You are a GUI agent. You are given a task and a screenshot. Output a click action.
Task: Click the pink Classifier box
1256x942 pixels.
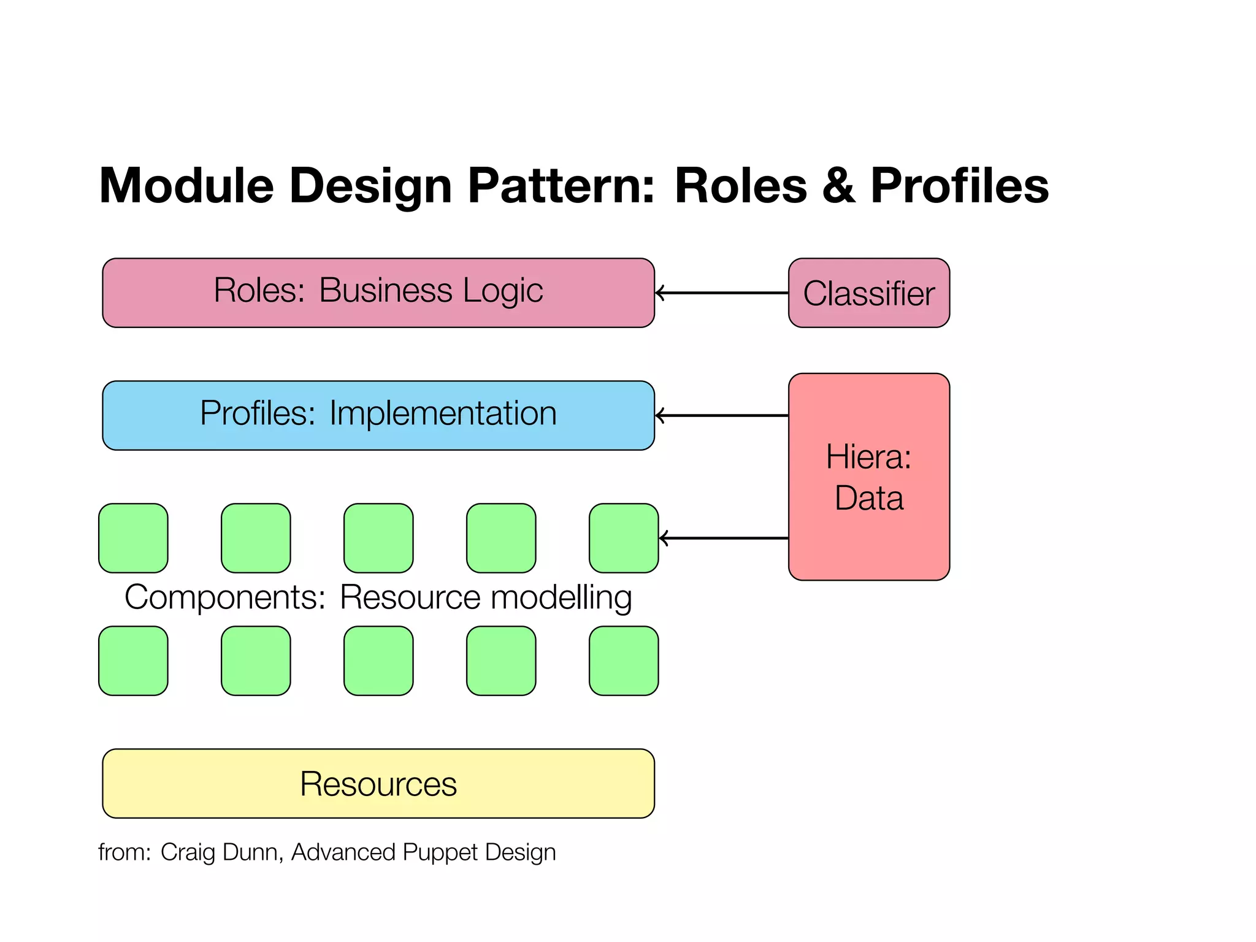[868, 293]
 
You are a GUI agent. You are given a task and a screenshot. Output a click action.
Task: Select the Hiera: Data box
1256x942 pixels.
[868, 477]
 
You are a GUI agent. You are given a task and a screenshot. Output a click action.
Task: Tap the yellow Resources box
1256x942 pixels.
[378, 783]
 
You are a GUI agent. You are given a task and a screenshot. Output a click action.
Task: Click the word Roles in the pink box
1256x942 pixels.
[258, 291]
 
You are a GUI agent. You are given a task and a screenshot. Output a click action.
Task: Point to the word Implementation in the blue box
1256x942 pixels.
[443, 413]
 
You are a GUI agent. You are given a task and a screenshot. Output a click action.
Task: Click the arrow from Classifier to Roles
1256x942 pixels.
[721, 293]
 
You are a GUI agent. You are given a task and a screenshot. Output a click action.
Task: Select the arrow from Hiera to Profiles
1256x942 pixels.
[721, 416]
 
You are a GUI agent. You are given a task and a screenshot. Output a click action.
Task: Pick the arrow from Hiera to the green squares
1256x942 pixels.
[724, 538]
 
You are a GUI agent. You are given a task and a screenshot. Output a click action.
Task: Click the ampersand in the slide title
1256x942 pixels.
[838, 186]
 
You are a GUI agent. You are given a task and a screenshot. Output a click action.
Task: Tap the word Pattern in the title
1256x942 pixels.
[561, 186]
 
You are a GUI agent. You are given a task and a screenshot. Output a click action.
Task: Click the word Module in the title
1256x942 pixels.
[186, 186]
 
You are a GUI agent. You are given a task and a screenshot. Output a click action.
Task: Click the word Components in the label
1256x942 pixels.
[224, 597]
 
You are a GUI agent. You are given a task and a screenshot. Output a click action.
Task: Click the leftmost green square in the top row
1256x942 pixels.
[133, 538]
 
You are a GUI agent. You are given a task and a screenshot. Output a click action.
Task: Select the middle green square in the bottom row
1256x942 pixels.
[378, 661]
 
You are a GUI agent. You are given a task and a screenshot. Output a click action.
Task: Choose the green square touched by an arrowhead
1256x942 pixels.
[624, 538]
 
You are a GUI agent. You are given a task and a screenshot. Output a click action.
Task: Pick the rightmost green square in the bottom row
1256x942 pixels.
[624, 661]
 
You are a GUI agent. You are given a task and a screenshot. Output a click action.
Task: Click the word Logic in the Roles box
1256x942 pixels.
[503, 291]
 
